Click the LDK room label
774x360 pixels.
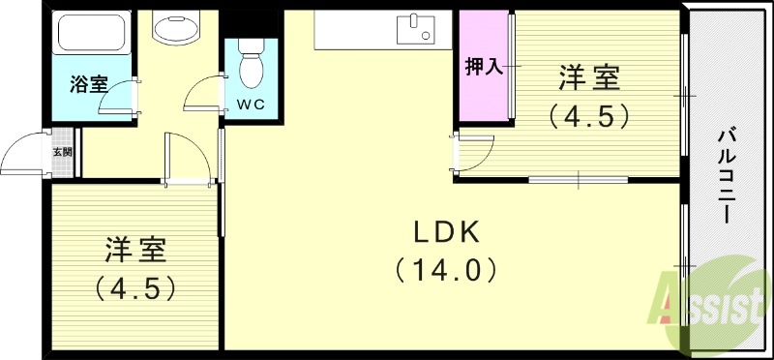point(446,232)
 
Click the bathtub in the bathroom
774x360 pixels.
point(93,33)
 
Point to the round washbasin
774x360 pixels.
point(176,31)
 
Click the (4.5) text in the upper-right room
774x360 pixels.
point(589,115)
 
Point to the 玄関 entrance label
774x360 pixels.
point(61,152)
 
